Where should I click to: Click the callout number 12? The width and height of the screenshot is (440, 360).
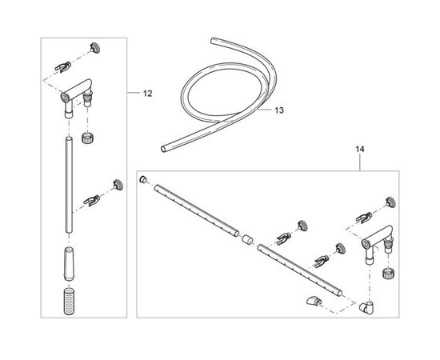[x=147, y=94]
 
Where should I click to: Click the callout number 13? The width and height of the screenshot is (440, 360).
[x=279, y=110]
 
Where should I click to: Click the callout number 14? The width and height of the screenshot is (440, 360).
[x=360, y=149]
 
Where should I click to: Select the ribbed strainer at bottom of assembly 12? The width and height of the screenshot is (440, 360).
[x=69, y=301]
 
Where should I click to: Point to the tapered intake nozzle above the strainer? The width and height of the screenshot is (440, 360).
[x=69, y=263]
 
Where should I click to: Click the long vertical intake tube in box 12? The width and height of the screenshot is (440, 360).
[x=69, y=185]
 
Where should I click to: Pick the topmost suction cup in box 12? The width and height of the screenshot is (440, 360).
[x=95, y=48]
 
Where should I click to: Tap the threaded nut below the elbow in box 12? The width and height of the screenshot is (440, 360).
[x=87, y=138]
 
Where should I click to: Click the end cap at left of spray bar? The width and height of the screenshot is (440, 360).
[x=143, y=179]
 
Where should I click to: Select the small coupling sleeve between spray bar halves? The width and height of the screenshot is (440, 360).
[x=247, y=240]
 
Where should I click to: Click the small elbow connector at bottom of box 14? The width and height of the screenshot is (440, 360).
[x=366, y=306]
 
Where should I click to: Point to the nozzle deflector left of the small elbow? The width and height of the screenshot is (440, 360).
[x=314, y=301]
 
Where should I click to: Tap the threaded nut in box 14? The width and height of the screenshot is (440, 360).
[x=389, y=273]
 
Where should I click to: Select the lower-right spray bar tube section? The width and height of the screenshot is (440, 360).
[x=300, y=270]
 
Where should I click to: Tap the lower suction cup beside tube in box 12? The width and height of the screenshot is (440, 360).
[x=118, y=185]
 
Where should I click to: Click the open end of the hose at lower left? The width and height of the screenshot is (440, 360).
[x=163, y=149]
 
